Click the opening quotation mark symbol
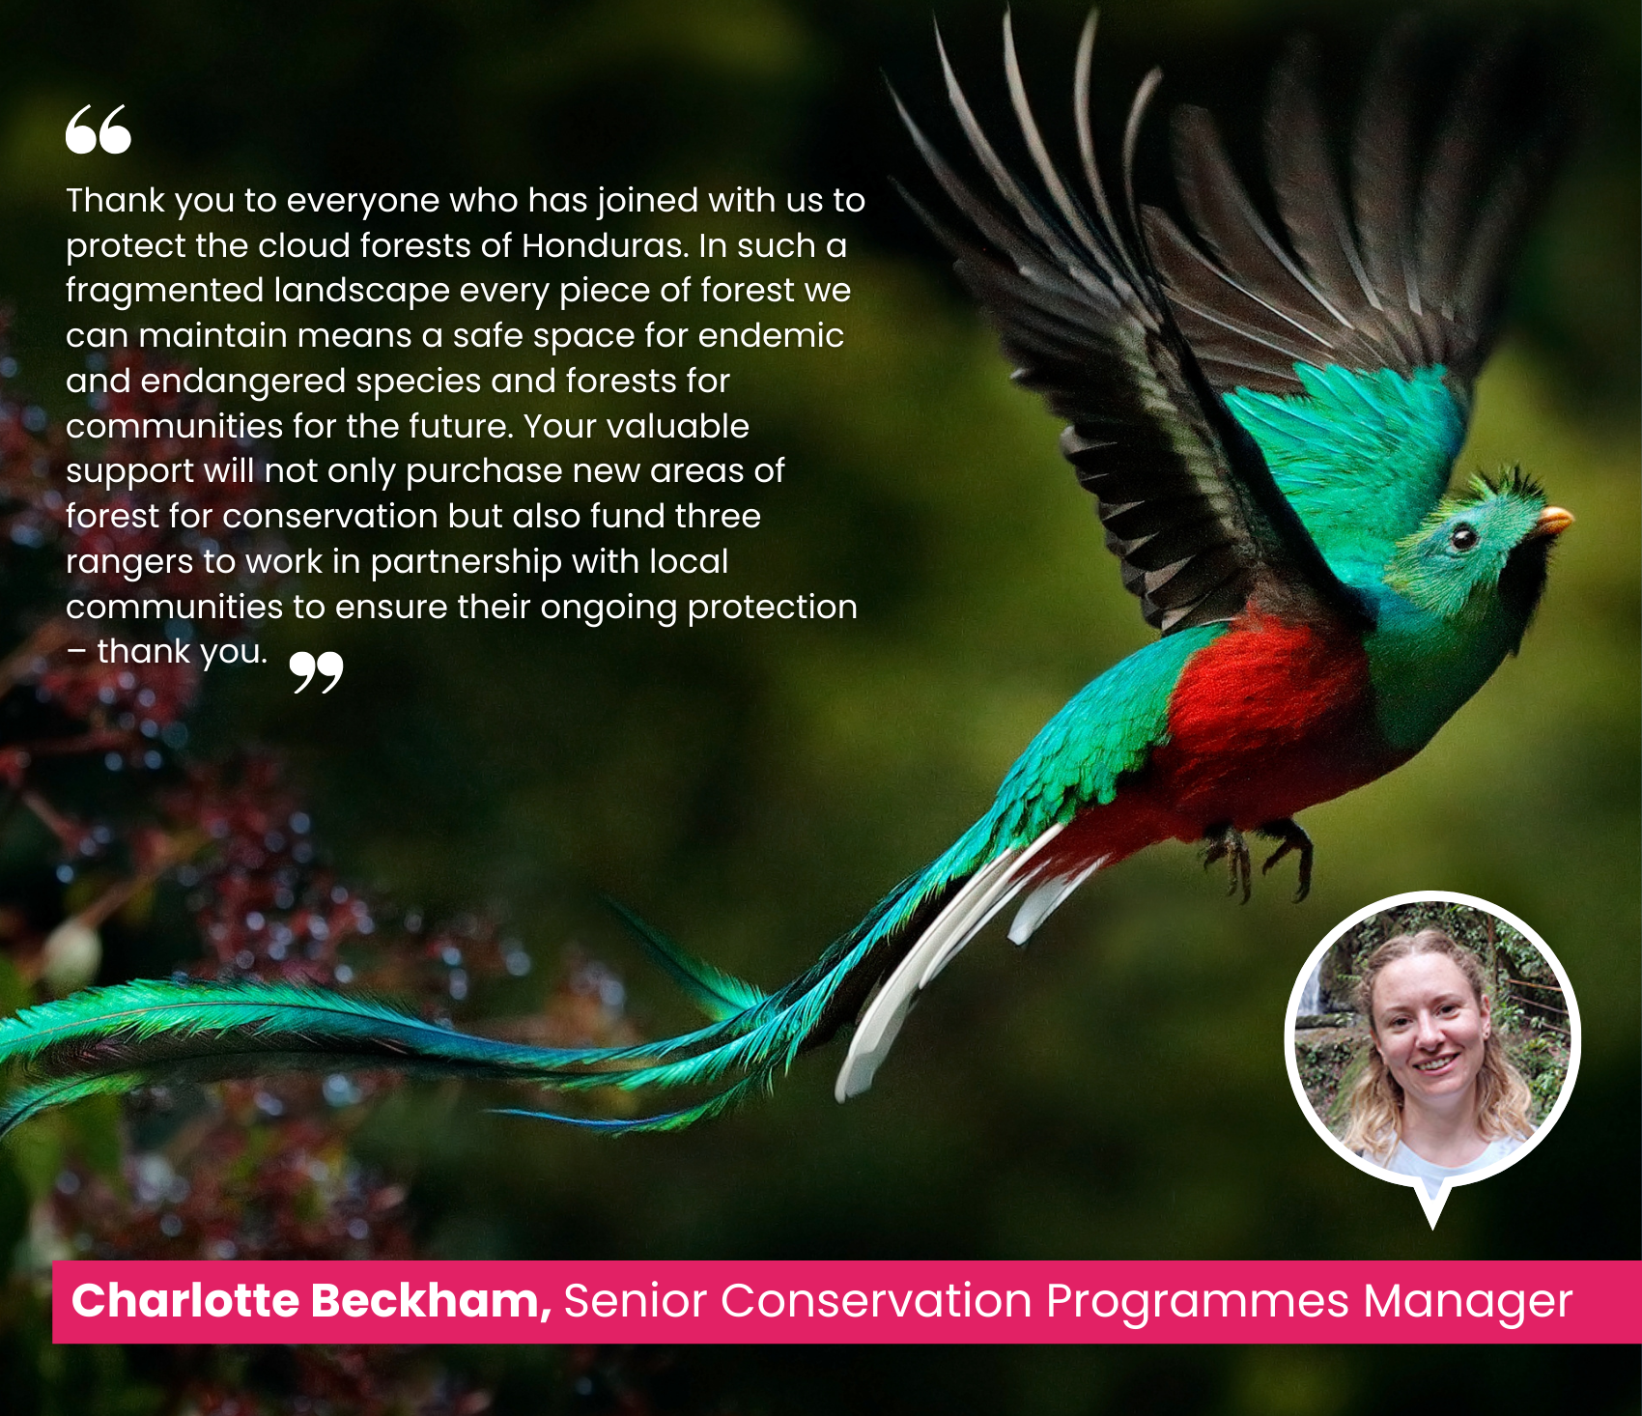click(99, 129)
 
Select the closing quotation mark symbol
click(317, 672)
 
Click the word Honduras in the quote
click(606, 245)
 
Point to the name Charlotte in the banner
click(185, 1300)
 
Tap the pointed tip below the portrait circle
click(1432, 1228)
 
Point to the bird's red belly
click(1256, 715)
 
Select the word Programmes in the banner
click(1198, 1302)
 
